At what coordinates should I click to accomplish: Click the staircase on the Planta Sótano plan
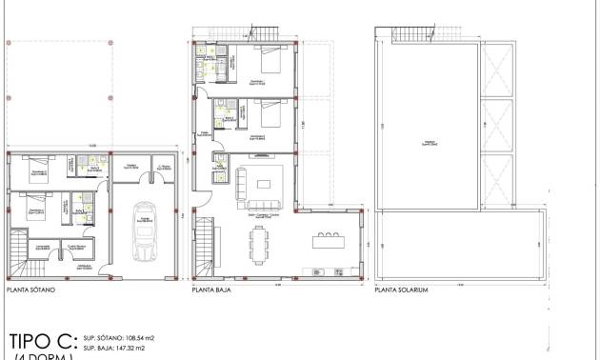pyautogui.click(x=21, y=252)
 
